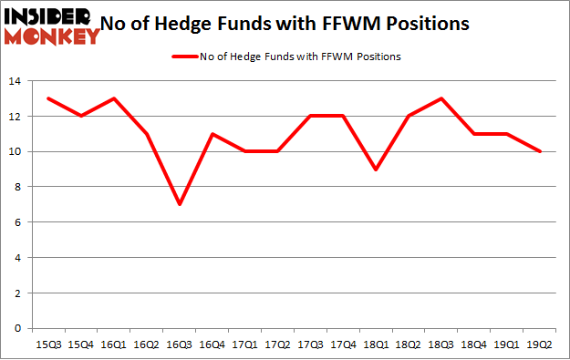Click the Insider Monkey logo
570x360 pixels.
coord(52,25)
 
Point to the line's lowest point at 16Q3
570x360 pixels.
coord(180,204)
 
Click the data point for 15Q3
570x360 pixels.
coord(48,98)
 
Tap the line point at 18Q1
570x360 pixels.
coord(377,169)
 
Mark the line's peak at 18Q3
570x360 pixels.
coord(442,98)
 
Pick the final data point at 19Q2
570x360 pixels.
coord(541,151)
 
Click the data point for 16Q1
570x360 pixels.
coord(114,98)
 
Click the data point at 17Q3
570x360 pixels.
coord(311,116)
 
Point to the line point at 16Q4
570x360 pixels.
coord(212,134)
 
